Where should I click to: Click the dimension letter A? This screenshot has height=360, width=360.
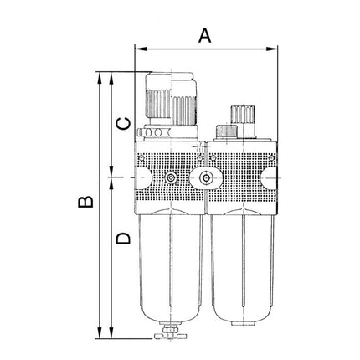click(x=204, y=35)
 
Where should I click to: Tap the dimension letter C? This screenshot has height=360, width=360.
click(x=123, y=123)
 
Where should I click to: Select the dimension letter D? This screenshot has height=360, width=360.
click(x=123, y=239)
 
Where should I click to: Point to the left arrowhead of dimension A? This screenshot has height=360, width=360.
click(x=138, y=49)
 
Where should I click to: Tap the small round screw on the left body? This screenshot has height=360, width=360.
click(x=171, y=178)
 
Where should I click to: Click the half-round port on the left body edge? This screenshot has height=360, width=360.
click(x=141, y=178)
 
